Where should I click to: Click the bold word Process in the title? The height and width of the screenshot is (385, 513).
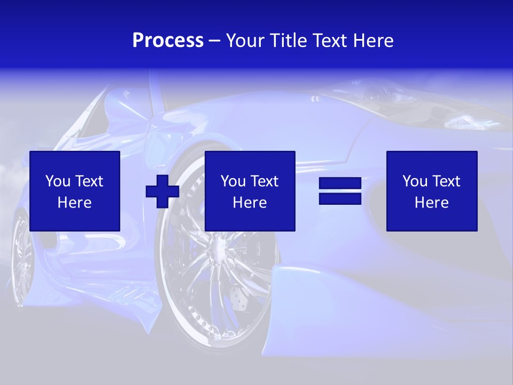(168, 41)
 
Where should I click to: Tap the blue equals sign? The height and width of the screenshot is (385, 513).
(340, 191)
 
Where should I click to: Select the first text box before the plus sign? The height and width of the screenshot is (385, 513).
(75, 191)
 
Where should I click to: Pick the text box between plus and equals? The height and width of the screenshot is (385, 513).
(250, 191)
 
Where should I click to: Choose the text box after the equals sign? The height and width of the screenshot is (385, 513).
(432, 191)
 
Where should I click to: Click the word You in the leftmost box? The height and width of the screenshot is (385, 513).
(58, 181)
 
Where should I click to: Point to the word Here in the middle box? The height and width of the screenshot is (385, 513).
(250, 203)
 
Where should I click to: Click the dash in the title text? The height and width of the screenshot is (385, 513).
(215, 41)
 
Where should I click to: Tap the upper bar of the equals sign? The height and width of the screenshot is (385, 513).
(340, 184)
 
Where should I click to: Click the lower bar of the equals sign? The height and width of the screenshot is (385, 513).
(340, 198)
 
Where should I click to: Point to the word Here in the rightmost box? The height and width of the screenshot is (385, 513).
(432, 203)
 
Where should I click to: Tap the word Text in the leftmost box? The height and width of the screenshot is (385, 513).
(89, 181)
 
